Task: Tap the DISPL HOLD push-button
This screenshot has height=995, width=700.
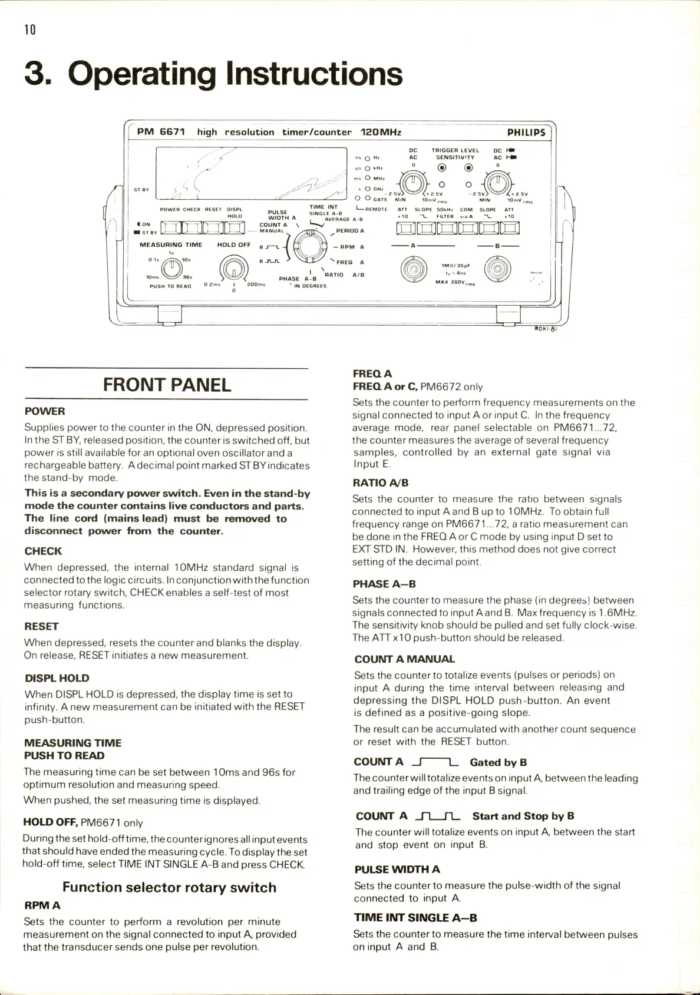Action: point(235,228)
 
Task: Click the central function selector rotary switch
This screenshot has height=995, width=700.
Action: point(310,246)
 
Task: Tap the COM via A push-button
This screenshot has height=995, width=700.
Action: point(467,228)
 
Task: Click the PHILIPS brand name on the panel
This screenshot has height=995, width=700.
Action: point(526,133)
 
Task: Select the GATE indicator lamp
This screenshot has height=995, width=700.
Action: point(367,199)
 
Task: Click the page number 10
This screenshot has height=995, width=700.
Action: point(30,29)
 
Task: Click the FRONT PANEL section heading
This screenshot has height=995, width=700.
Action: point(167,385)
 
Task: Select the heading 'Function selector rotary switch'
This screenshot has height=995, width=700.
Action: point(169,887)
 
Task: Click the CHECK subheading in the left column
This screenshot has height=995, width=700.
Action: point(43,551)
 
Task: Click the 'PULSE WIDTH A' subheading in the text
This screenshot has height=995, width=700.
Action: point(397,869)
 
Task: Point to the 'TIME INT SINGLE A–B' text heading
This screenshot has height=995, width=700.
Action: point(415,917)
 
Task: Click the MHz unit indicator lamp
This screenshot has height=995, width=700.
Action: point(367,178)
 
